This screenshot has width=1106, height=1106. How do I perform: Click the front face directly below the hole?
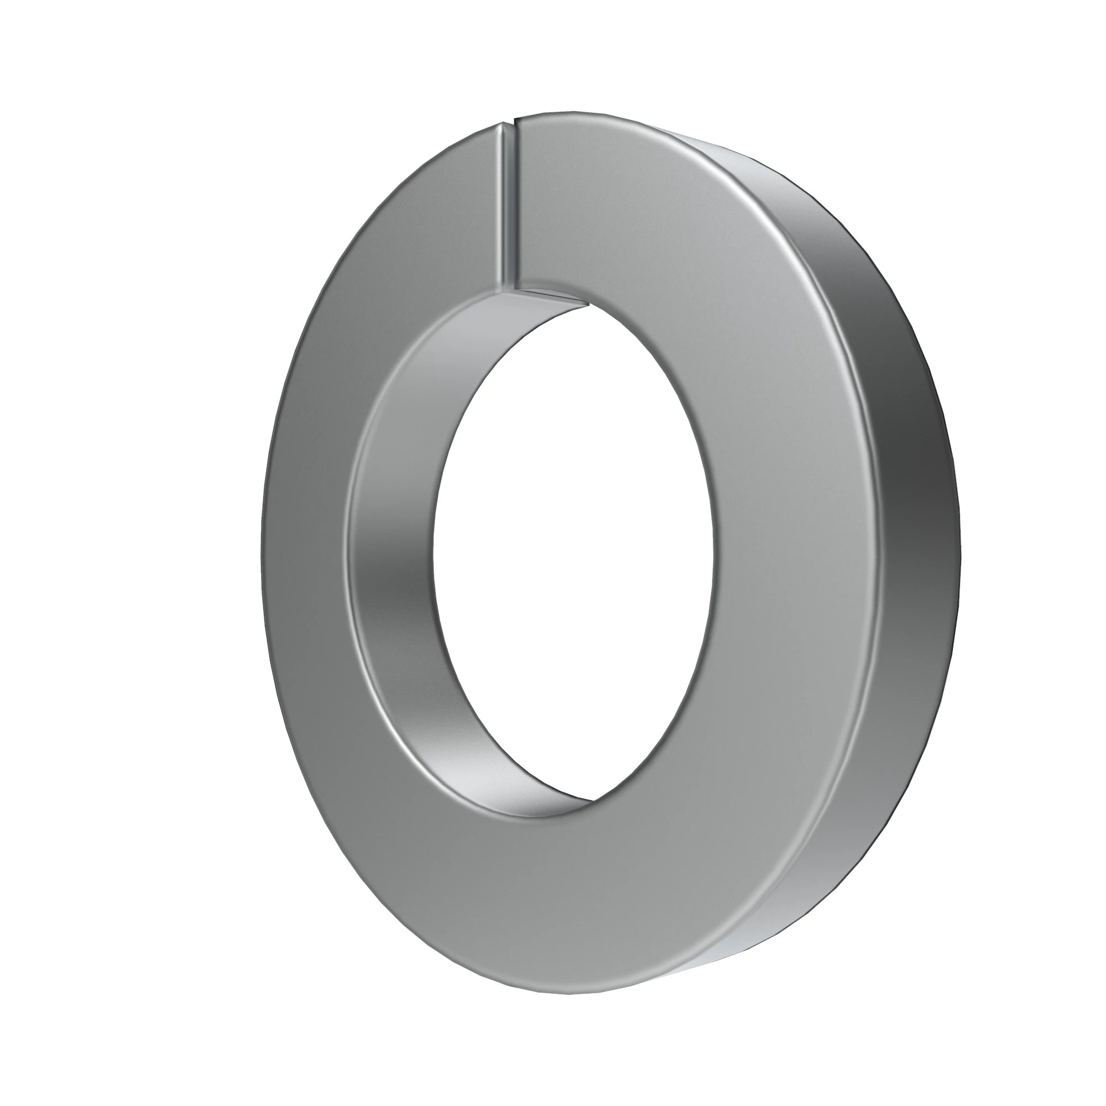coord(572,888)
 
